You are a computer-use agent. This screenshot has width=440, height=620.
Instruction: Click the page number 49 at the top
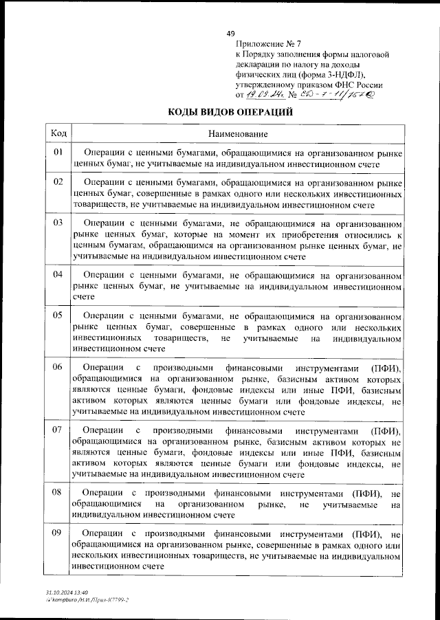[x=231, y=34]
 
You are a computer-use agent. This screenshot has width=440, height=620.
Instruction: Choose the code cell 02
[x=58, y=181]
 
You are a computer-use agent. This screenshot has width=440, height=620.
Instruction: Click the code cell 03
[x=58, y=223]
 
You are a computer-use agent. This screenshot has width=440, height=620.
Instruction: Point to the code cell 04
[x=58, y=274]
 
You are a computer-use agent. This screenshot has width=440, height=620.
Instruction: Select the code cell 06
[x=58, y=366]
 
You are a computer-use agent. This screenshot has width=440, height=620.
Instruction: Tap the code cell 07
[x=58, y=430]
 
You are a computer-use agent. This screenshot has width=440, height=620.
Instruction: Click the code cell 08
[x=58, y=492]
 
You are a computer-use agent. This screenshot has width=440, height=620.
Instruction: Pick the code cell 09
[x=58, y=533]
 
